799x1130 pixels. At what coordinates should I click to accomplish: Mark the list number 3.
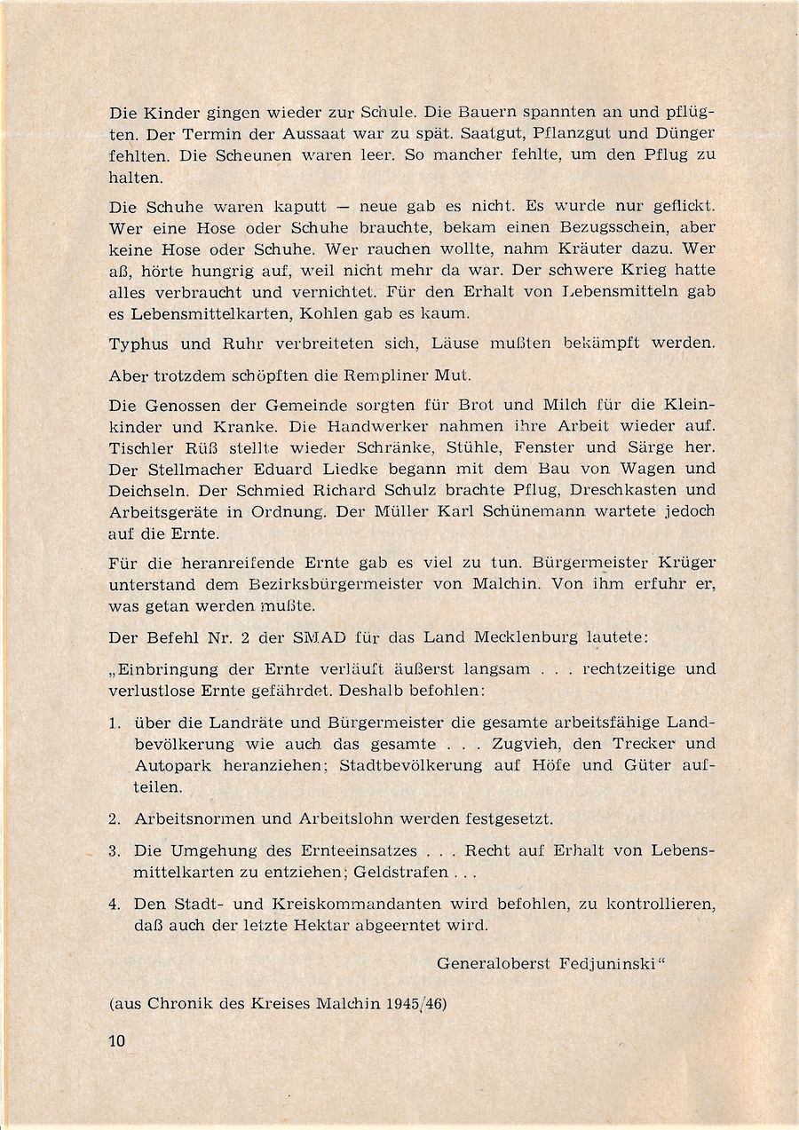(x=114, y=850)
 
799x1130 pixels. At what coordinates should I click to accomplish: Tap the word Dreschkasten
(x=613, y=491)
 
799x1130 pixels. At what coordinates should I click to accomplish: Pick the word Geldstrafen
(x=399, y=872)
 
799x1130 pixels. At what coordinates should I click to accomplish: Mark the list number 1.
(x=114, y=723)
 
